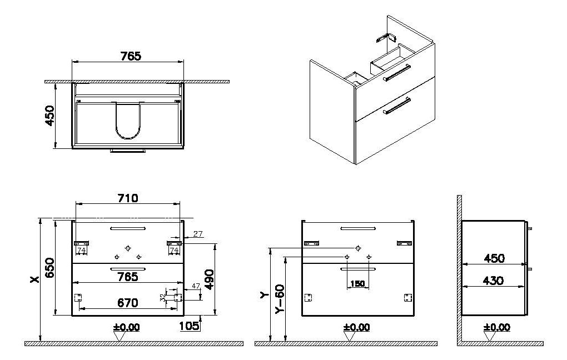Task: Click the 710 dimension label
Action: (x=128, y=198)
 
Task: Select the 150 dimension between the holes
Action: (x=357, y=284)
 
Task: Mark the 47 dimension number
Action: (x=195, y=286)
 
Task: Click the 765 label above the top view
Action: (x=131, y=56)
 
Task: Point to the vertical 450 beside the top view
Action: (x=50, y=116)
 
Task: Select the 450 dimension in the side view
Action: (x=494, y=258)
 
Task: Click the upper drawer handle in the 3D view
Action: (x=396, y=72)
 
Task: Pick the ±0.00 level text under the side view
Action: (x=497, y=327)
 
